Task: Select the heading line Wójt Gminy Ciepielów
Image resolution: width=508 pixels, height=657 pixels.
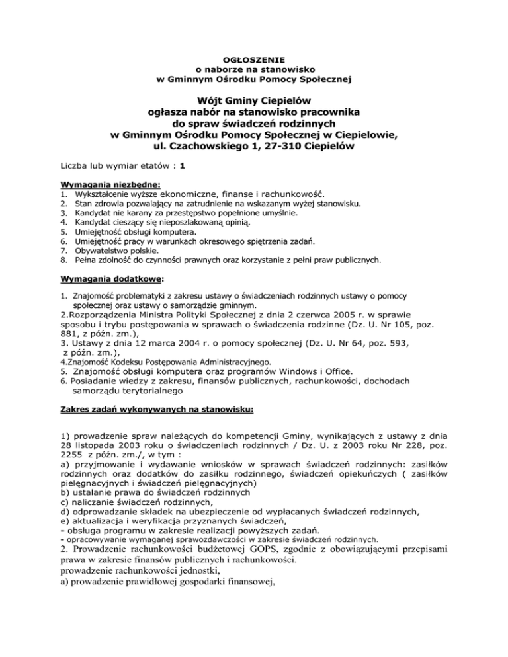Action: (x=254, y=101)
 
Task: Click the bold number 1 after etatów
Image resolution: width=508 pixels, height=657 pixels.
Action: (x=181, y=166)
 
